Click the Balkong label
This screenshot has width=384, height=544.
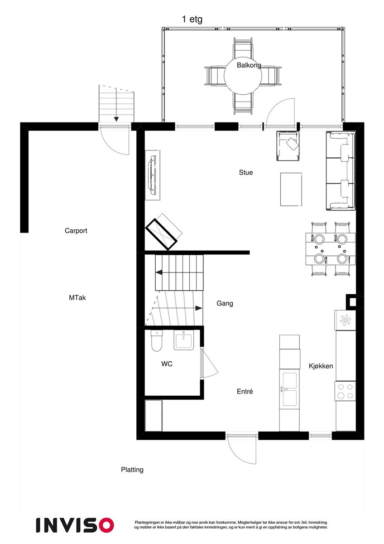click(x=249, y=65)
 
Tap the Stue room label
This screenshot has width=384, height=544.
click(x=246, y=173)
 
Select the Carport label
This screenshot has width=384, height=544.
click(x=76, y=231)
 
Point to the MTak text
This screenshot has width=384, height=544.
click(x=77, y=298)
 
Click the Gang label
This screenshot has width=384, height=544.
click(x=225, y=303)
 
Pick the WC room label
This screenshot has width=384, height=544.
click(x=167, y=364)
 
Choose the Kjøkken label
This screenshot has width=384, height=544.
click(x=321, y=366)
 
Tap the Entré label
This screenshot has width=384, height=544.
click(x=245, y=392)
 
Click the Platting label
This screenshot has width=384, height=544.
click(x=132, y=470)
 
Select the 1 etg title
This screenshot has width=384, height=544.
click(x=192, y=19)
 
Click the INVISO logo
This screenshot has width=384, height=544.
click(x=75, y=525)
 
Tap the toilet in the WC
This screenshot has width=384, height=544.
click(x=156, y=341)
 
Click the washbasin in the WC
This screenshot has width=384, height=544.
click(x=184, y=340)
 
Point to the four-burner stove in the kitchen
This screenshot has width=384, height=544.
click(x=345, y=391)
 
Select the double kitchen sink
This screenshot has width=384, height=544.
click(x=289, y=389)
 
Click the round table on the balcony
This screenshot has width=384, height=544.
click(x=244, y=76)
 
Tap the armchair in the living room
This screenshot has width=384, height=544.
click(x=289, y=145)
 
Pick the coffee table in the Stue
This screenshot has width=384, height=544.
click(x=291, y=189)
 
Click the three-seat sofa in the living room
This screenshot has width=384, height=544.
click(x=341, y=170)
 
